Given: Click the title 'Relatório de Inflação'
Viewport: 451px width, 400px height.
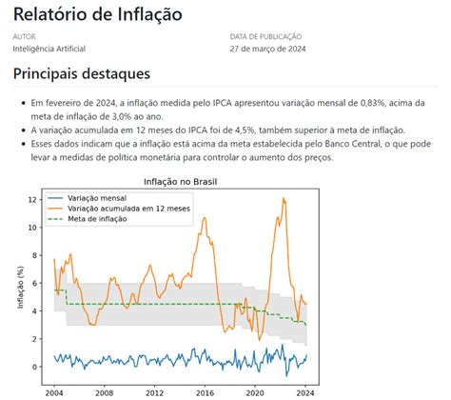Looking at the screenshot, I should click(x=98, y=14).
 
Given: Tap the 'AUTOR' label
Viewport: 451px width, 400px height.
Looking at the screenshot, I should click(x=25, y=37).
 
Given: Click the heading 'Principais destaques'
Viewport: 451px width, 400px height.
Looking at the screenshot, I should click(x=82, y=73).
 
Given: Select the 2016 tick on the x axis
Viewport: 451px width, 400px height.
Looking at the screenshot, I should click(x=205, y=391).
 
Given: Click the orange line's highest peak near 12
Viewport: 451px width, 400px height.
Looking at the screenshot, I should click(x=284, y=199).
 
